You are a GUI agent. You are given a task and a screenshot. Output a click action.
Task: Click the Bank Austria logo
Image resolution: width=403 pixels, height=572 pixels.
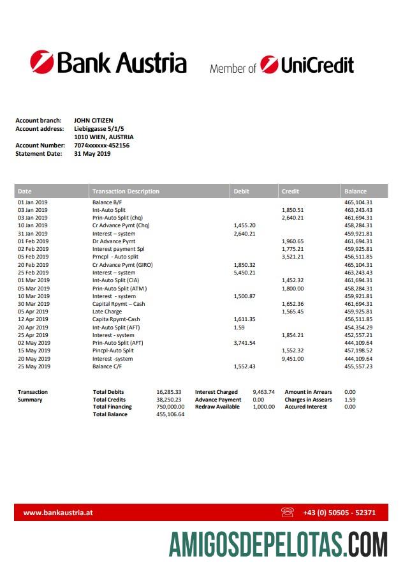pyautogui.click(x=108, y=63)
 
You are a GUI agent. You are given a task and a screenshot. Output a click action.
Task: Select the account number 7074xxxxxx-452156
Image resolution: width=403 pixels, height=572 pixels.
pyautogui.click(x=102, y=146)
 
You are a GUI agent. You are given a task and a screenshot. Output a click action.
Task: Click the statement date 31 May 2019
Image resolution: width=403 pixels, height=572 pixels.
pyautogui.click(x=92, y=154)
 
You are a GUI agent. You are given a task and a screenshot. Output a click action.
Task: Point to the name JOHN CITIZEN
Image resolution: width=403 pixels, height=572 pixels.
pyautogui.click(x=94, y=121)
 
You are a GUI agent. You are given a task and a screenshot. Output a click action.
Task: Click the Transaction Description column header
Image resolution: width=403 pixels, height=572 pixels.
pyautogui.click(x=126, y=191)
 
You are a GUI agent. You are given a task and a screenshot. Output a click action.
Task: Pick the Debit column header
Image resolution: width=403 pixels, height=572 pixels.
pyautogui.click(x=242, y=191)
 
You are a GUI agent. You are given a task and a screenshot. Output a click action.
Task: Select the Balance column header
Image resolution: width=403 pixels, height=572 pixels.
pyautogui.click(x=355, y=191)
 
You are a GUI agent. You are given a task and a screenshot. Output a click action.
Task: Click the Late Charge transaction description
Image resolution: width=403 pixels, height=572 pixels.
pyautogui.click(x=107, y=312)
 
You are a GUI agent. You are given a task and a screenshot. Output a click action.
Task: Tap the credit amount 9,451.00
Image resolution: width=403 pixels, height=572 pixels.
pyautogui.click(x=293, y=359)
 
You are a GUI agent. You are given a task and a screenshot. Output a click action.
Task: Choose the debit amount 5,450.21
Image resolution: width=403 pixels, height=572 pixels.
pyautogui.click(x=244, y=273)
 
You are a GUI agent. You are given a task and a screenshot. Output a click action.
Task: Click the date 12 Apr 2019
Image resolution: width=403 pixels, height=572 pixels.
pyautogui.click(x=33, y=319)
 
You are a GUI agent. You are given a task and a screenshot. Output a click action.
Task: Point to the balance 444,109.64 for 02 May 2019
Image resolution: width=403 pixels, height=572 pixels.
pyautogui.click(x=358, y=343)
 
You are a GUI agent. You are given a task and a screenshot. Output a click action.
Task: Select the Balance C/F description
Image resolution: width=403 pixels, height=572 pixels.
pyautogui.click(x=107, y=366)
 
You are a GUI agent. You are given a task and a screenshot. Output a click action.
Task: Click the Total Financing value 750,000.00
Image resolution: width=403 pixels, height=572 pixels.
pyautogui.click(x=170, y=407)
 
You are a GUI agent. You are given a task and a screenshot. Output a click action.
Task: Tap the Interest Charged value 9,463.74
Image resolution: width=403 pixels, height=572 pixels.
pyautogui.click(x=263, y=392)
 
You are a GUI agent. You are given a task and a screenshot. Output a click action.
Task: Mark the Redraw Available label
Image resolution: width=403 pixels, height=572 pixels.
pyautogui.click(x=217, y=407)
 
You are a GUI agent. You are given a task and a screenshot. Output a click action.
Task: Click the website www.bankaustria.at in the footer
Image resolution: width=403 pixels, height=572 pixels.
pyautogui.click(x=59, y=512)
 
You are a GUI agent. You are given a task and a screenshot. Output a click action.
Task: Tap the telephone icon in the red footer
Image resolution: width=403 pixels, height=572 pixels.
pyautogui.click(x=288, y=512)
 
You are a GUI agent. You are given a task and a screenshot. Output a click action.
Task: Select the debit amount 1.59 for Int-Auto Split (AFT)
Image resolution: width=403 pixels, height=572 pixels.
pyautogui.click(x=239, y=327)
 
